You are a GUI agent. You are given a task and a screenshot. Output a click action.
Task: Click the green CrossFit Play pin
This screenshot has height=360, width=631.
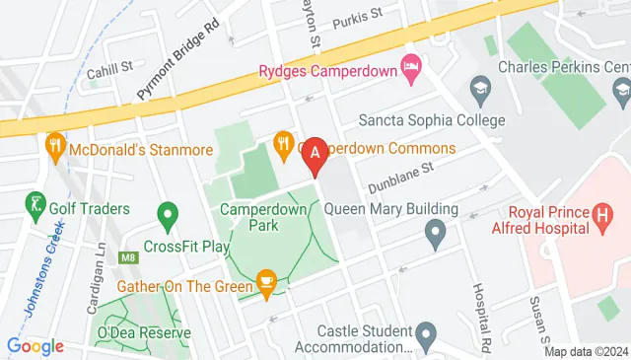[167, 214]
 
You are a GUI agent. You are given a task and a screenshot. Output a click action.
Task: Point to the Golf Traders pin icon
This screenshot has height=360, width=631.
[36, 206]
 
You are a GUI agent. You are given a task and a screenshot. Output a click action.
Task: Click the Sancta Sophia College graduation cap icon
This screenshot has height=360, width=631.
[480, 90]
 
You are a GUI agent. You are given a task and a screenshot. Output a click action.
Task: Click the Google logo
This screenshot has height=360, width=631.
[35, 346]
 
